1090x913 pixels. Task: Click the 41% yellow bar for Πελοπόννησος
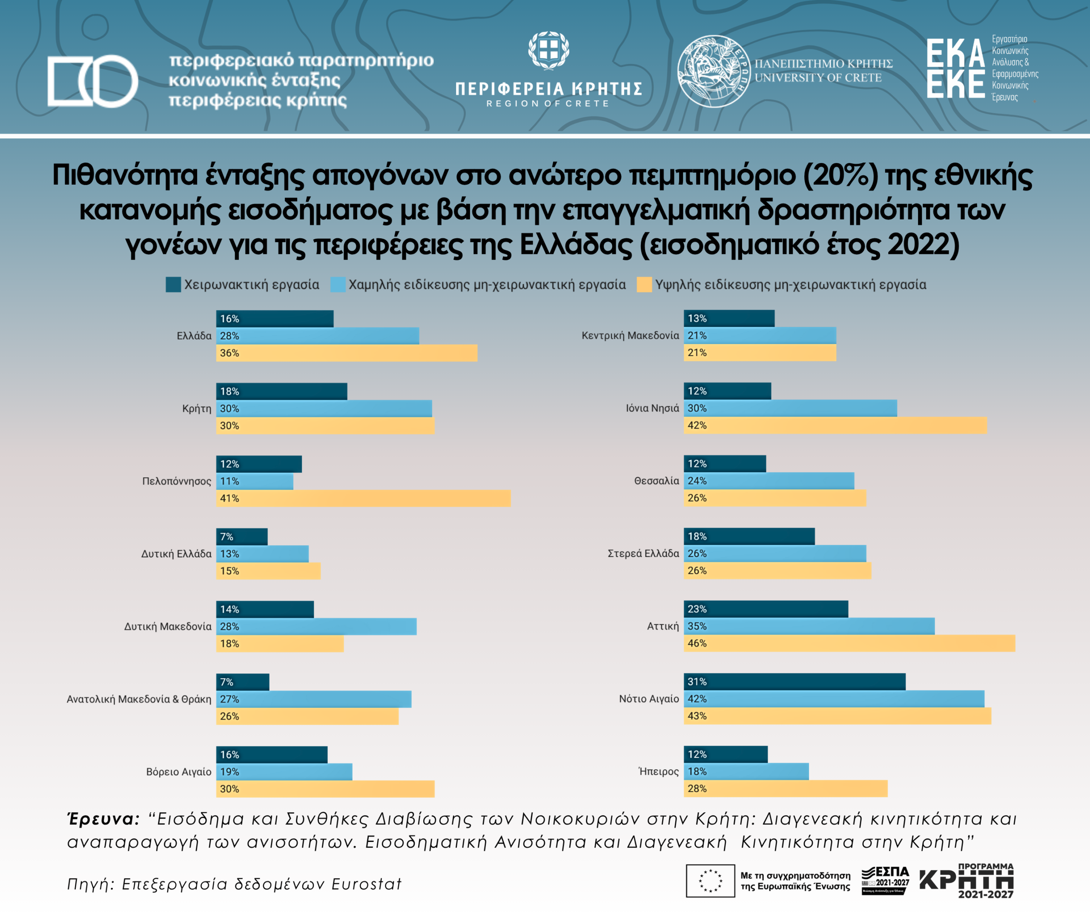pos(363,498)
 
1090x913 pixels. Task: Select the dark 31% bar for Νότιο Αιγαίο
pos(794,682)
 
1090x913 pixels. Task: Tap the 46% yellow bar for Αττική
pos(849,643)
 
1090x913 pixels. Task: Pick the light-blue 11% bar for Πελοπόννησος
pos(254,481)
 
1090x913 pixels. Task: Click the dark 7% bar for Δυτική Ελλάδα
pos(242,536)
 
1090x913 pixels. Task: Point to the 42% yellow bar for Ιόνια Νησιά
pos(835,425)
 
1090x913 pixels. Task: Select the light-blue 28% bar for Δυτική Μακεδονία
pos(316,626)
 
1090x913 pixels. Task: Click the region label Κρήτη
pos(197,408)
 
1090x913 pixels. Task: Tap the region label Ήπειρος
pos(658,771)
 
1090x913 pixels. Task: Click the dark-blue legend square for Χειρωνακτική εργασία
pos(173,284)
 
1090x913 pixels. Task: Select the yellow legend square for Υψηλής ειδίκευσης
pos(644,284)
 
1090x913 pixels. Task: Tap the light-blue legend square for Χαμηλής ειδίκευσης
pos(338,284)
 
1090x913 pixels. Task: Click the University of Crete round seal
pos(713,71)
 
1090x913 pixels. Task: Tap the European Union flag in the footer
pos(710,881)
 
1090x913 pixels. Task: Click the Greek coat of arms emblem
pos(549,50)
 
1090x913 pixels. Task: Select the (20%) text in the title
pos(841,175)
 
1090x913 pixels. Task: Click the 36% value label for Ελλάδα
pos(229,353)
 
